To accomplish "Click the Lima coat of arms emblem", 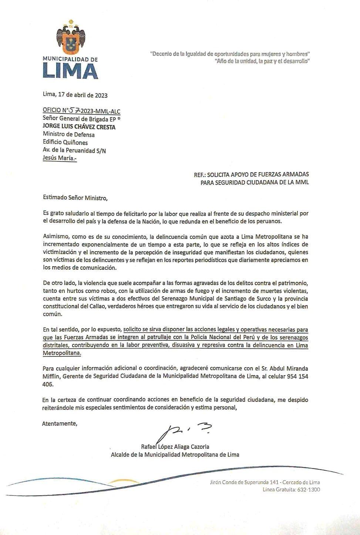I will coord(71,40).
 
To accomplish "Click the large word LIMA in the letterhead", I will coord(70,71).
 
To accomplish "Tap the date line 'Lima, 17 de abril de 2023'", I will coord(75,95).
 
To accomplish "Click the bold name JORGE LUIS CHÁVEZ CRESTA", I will coord(79,127).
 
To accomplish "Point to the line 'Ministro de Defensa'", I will coord(69,135).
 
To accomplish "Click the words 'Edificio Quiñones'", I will coord(65,142).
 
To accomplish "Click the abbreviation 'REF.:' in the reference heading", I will coord(200,174).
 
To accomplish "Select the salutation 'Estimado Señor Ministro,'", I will coord(75,198).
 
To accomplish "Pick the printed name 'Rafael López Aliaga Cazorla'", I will coord(175,447).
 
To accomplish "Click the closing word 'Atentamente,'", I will coord(60,423).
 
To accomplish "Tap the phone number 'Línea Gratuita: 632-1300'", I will coord(291,490).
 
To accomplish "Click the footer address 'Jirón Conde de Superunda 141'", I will coord(250,482).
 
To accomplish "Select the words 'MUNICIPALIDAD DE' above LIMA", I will coord(70,59).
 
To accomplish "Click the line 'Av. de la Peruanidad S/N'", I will coord(74,150).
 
